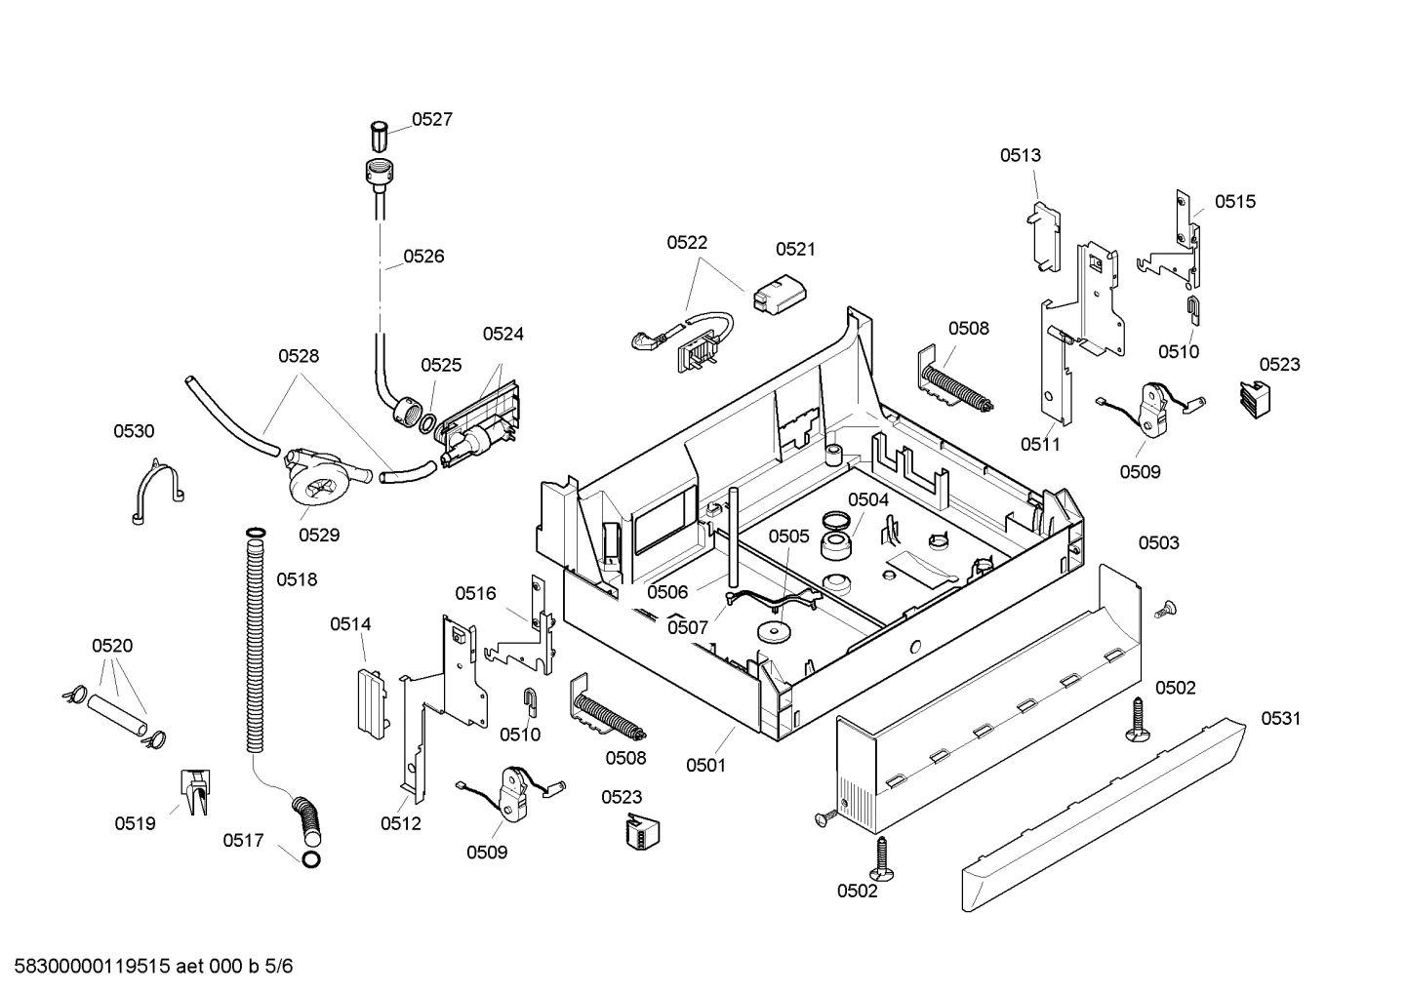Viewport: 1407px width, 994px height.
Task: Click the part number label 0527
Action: tap(431, 120)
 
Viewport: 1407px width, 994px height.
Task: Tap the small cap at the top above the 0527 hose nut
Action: tap(380, 133)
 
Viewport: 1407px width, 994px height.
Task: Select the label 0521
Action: tap(795, 250)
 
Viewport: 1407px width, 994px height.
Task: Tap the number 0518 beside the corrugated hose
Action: tap(297, 579)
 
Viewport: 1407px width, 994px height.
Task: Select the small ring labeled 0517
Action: tap(311, 859)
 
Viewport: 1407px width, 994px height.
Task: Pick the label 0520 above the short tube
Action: tap(112, 646)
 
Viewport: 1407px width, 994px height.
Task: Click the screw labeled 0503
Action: tap(1162, 611)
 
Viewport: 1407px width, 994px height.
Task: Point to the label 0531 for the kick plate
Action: tap(1280, 719)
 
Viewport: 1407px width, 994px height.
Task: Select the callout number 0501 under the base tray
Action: tap(705, 765)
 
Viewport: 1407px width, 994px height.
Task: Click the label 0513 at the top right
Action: tap(1020, 155)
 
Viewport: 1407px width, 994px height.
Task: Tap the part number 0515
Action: tap(1234, 202)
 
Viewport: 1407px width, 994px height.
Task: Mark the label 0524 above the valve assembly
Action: tap(502, 335)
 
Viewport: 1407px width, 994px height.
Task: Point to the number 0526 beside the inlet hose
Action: tap(423, 257)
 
